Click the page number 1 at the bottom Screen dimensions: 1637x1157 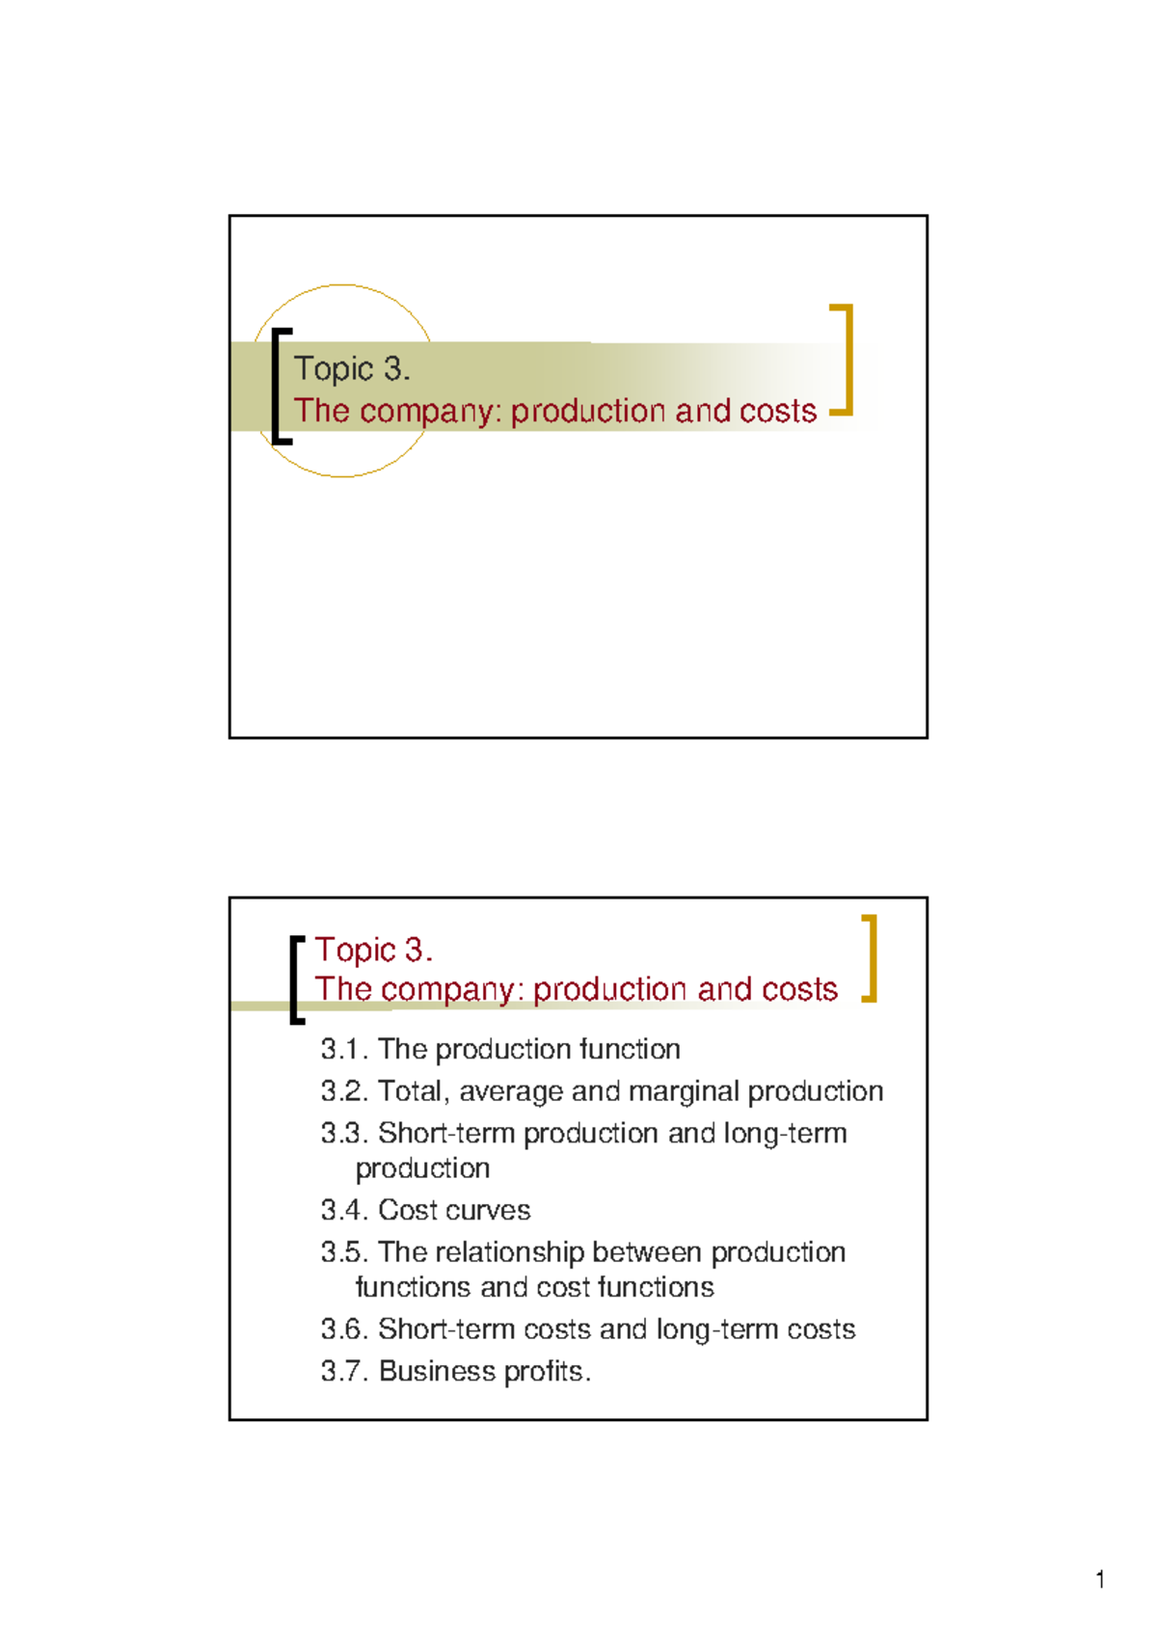coord(1100,1579)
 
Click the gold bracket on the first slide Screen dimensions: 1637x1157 coord(845,359)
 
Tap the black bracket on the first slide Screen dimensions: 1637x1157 coord(278,386)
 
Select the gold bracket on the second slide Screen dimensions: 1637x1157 coord(871,958)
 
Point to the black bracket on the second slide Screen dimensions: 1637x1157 coord(294,978)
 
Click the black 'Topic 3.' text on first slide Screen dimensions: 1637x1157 coord(352,368)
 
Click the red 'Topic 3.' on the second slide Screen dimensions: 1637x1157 coord(373,950)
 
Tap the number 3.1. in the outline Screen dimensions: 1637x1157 coord(344,1049)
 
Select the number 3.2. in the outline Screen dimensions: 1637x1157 coord(344,1091)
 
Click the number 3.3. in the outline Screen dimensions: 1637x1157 coord(344,1133)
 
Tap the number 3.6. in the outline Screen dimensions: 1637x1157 coord(344,1329)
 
